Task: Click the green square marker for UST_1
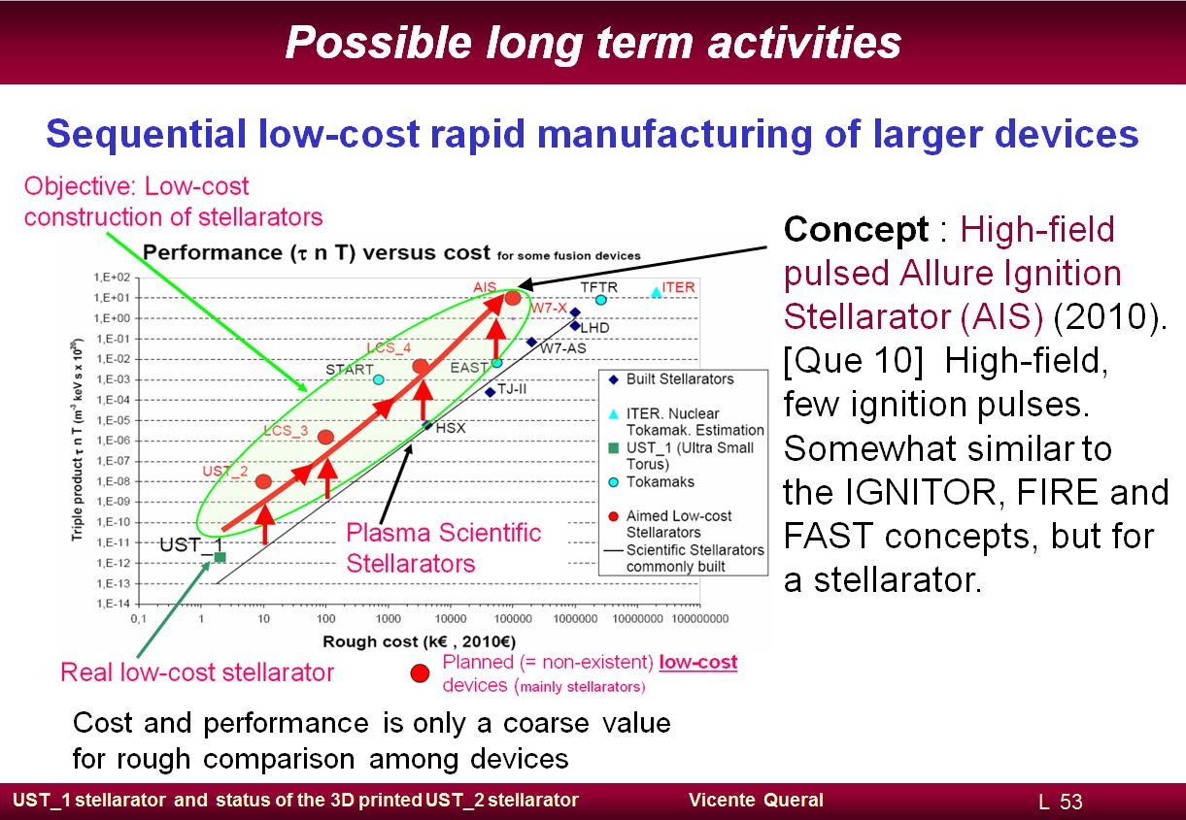220,557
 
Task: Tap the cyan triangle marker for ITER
656,292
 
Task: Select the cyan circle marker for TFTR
601,300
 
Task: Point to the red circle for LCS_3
325,437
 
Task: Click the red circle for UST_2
263,481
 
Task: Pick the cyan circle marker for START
379,379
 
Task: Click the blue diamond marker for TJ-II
491,392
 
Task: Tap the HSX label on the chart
451,428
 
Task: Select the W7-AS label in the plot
563,348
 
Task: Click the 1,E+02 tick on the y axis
112,278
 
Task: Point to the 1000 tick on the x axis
389,618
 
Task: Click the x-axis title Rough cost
419,641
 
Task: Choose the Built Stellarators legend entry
671,379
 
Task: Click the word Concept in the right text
856,229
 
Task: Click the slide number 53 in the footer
1070,802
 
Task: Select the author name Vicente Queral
756,800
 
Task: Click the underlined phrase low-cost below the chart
697,662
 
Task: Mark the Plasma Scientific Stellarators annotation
443,547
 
